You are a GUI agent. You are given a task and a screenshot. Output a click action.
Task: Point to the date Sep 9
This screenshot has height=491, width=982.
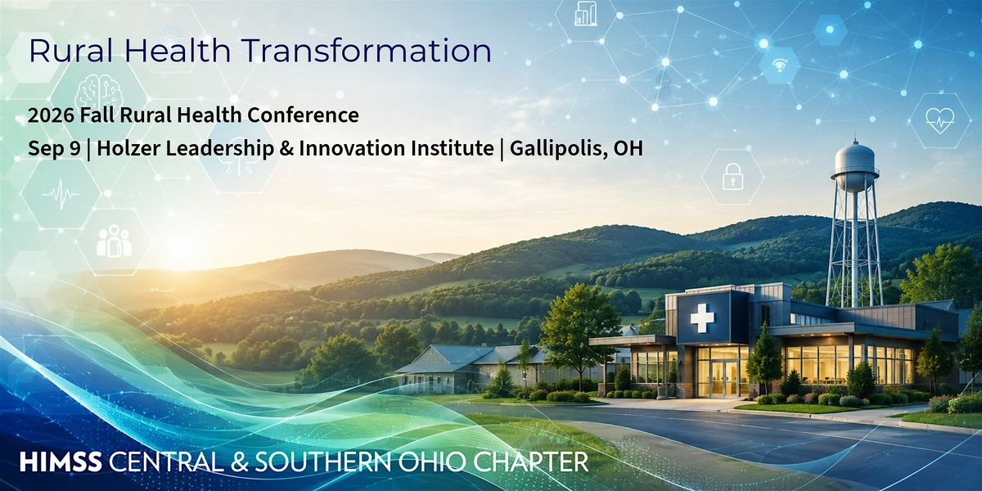point(54,149)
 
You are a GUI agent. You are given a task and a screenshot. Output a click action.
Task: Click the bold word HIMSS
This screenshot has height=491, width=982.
point(61,462)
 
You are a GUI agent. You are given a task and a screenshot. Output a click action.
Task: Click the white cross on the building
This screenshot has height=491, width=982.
point(702,318)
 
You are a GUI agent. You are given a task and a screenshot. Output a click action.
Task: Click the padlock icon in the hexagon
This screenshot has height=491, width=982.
point(733,176)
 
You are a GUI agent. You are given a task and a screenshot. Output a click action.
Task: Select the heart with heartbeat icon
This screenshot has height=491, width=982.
point(940,120)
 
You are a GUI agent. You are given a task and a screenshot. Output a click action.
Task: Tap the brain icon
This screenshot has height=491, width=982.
point(99,91)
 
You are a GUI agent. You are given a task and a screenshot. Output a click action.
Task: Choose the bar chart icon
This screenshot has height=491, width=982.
point(586,13)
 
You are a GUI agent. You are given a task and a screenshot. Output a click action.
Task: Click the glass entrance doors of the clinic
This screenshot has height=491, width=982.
point(723,379)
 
